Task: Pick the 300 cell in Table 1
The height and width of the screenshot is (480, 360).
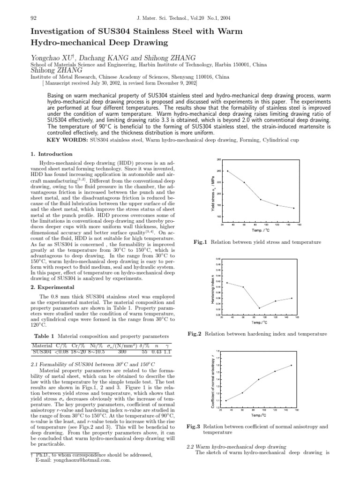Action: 122,352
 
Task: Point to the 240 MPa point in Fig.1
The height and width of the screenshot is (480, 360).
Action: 228,171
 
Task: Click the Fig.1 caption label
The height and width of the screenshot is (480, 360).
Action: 201,242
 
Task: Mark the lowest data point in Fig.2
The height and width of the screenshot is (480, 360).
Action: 259,308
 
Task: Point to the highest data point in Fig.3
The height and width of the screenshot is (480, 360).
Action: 291,365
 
